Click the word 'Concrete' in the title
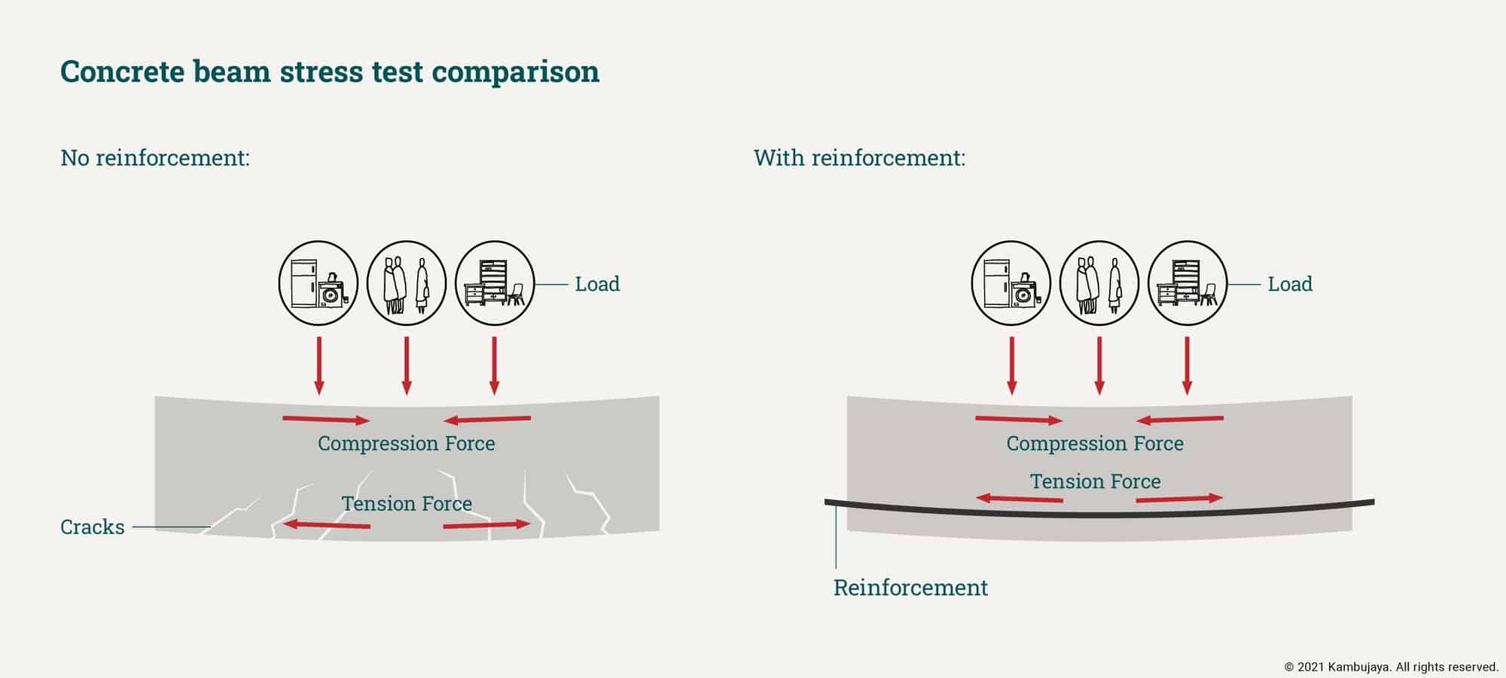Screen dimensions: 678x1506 (x=123, y=72)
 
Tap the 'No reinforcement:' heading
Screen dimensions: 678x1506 (x=154, y=158)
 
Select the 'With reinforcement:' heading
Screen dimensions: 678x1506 (x=859, y=158)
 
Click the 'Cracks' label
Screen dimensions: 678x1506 (x=92, y=527)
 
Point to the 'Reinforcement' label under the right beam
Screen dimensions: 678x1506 (x=910, y=588)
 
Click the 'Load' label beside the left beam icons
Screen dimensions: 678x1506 (x=597, y=284)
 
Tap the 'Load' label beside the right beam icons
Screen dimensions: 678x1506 (x=1290, y=284)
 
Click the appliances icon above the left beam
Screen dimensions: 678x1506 (x=319, y=283)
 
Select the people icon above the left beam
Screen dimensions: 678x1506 (x=407, y=283)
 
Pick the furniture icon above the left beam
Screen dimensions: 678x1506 (x=495, y=283)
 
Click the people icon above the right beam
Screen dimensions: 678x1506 (x=1099, y=283)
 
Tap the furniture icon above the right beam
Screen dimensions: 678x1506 (x=1187, y=283)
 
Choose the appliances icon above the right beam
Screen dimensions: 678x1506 (x=1011, y=283)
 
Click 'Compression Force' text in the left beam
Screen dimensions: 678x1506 (x=407, y=443)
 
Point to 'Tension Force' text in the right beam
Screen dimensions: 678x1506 (x=1095, y=481)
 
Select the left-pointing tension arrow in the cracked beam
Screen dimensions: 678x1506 (x=326, y=524)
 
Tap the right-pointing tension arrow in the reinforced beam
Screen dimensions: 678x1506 (x=1179, y=498)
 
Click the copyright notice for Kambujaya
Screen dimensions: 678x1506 (x=1392, y=667)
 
